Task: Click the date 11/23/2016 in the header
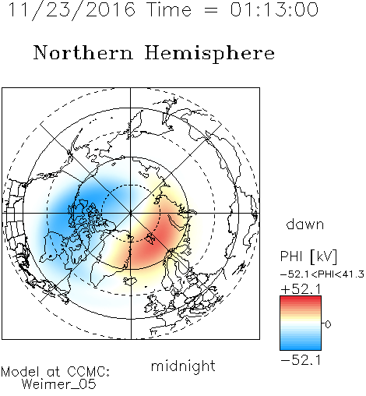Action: coord(72,10)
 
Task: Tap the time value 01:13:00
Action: coord(274,9)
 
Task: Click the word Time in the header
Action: coord(169,9)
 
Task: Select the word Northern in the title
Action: coord(83,53)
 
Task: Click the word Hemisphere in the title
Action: coord(209,54)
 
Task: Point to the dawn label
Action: coord(305,224)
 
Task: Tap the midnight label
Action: coord(183,366)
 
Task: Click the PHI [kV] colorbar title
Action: coord(308,256)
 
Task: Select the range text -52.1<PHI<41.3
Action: coord(322,274)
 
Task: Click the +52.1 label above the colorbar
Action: coord(301,289)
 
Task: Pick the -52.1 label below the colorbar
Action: coord(301,360)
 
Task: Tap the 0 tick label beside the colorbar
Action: coord(328,324)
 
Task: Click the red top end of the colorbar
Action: coord(301,298)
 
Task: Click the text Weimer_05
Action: coord(59,384)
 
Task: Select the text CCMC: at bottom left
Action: coord(88,372)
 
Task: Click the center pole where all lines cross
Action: coord(131,214)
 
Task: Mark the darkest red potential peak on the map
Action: coord(162,235)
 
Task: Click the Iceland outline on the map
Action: coord(130,281)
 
